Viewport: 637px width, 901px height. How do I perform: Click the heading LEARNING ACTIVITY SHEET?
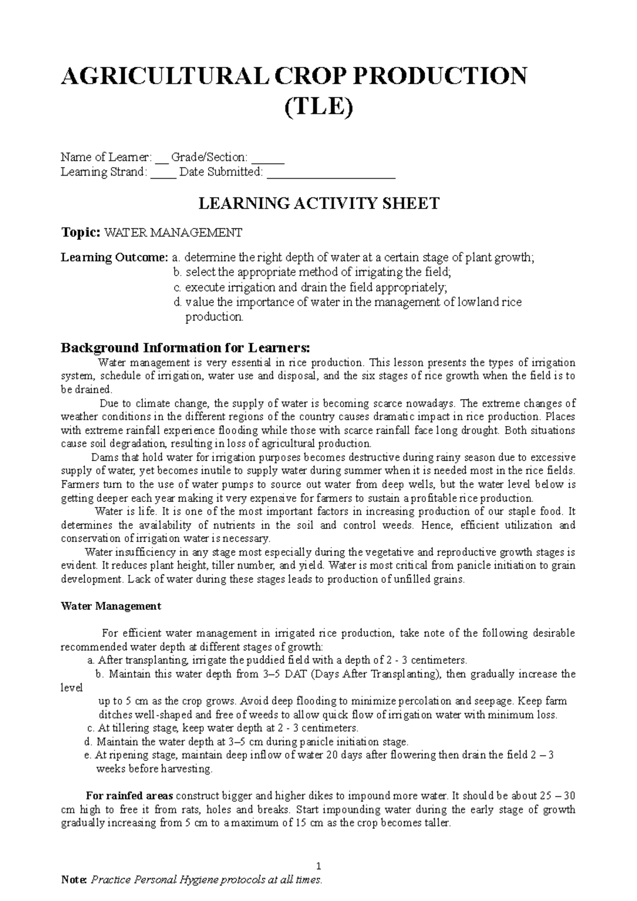[x=318, y=203]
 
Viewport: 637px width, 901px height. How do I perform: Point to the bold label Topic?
[x=80, y=232]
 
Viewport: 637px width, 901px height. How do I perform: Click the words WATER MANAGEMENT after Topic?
[x=173, y=232]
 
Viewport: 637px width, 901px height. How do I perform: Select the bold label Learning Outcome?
[x=115, y=258]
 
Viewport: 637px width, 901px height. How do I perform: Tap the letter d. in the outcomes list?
[x=177, y=302]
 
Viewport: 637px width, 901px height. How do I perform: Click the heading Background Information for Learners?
[x=184, y=348]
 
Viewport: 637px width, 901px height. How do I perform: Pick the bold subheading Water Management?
[x=111, y=606]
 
